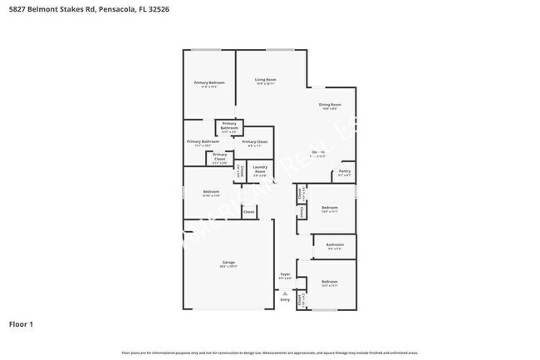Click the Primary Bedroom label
(x=209, y=83)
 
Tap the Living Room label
(x=265, y=80)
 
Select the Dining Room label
(x=330, y=105)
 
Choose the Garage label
(x=228, y=264)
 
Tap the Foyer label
(x=285, y=274)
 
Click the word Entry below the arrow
(x=285, y=299)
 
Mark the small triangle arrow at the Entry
(x=285, y=293)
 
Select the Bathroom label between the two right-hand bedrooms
(x=334, y=245)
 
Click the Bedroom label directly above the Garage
(x=211, y=193)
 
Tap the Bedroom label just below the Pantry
(x=330, y=208)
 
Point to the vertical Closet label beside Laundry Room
(x=241, y=170)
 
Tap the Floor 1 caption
(x=21, y=324)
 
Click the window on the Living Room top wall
(x=279, y=50)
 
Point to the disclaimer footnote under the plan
(x=269, y=353)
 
